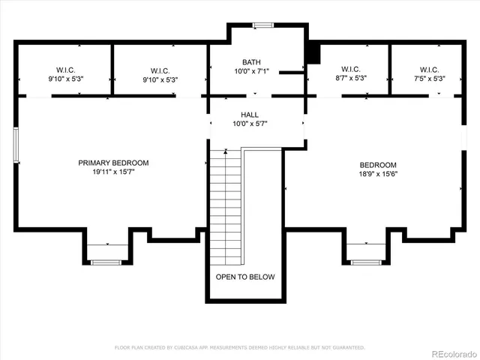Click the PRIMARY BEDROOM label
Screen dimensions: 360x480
114,163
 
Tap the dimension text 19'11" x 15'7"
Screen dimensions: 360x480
114,172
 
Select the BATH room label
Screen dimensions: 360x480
250,62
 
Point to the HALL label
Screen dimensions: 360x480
250,115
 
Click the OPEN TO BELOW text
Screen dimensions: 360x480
245,277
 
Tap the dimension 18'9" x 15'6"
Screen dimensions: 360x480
378,173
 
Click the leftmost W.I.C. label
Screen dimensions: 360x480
66,70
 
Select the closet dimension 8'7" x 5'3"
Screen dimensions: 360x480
350,79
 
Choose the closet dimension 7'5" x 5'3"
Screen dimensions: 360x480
429,79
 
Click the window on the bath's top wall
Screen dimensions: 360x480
263,25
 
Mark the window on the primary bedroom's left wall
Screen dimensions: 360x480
16,144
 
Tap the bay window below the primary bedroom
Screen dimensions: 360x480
106,261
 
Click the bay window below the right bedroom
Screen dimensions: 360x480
367,261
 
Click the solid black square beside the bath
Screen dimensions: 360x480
314,54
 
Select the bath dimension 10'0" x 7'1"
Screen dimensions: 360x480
250,71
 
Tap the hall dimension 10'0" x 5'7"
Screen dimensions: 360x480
250,124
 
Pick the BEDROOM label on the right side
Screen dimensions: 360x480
378,164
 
